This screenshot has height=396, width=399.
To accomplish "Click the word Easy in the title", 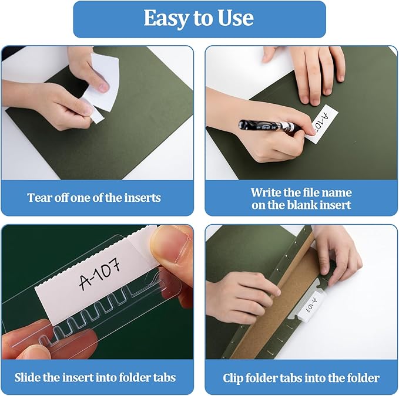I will (x=165, y=19).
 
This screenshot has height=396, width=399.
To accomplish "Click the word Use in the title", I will (x=234, y=19).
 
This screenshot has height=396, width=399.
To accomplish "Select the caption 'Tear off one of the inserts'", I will (x=94, y=198).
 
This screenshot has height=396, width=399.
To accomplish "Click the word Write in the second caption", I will (x=266, y=192).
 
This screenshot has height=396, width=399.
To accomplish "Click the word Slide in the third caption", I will (x=29, y=377).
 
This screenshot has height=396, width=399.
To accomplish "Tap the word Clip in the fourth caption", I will (x=233, y=378).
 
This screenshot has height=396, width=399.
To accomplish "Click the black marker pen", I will (x=270, y=126).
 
